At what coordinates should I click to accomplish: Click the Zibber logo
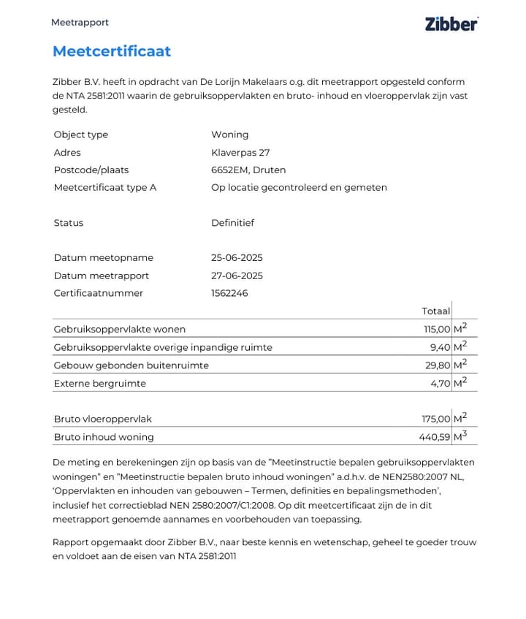[x=451, y=23]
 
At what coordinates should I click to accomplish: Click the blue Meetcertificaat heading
[x=112, y=51]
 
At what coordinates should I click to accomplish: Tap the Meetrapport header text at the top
[x=80, y=23]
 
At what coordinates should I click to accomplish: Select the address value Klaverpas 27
[x=240, y=153]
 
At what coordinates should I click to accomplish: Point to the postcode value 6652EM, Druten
[x=248, y=170]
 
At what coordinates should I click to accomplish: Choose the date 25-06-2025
[x=237, y=258]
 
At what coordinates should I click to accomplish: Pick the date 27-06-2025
[x=237, y=276]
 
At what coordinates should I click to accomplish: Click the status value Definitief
[x=232, y=223]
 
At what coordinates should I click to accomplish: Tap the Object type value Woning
[x=229, y=134]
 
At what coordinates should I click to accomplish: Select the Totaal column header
[x=435, y=311]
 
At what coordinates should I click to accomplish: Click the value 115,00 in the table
[x=436, y=330]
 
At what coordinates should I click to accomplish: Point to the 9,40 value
[x=440, y=347]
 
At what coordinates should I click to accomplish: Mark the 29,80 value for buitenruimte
[x=438, y=365]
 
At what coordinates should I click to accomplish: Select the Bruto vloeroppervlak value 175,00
[x=436, y=419]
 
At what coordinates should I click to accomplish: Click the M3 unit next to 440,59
[x=460, y=436]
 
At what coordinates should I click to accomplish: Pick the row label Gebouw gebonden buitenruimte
[x=131, y=365]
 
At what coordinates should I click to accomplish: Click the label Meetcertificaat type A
[x=104, y=188]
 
